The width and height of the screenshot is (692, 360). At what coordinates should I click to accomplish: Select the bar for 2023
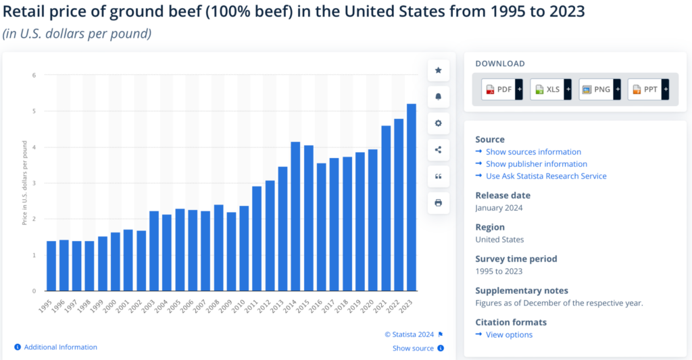click(411, 197)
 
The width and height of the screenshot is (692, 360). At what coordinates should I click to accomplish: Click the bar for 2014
click(295, 216)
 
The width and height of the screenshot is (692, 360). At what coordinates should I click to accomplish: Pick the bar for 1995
click(51, 266)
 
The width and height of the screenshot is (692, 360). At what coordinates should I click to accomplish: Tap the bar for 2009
click(231, 251)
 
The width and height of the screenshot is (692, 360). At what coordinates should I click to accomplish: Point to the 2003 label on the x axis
click(151, 305)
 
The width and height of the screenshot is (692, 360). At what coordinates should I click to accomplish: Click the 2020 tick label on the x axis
click(370, 305)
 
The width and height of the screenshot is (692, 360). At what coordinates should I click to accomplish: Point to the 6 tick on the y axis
click(34, 75)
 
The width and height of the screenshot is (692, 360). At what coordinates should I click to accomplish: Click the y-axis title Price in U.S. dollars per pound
click(25, 183)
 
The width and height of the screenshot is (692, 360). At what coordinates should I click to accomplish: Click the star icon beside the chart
click(438, 70)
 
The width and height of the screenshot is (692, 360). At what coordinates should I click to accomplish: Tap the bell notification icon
click(438, 97)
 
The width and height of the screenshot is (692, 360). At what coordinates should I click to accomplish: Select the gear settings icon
click(438, 123)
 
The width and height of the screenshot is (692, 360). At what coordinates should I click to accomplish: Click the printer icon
click(438, 203)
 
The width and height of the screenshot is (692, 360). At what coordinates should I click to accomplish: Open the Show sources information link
click(533, 152)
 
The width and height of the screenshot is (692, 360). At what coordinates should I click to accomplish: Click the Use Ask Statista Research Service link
click(546, 176)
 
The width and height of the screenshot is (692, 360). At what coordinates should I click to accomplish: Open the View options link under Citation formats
click(509, 335)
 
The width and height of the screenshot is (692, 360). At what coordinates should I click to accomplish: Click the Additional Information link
click(60, 347)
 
